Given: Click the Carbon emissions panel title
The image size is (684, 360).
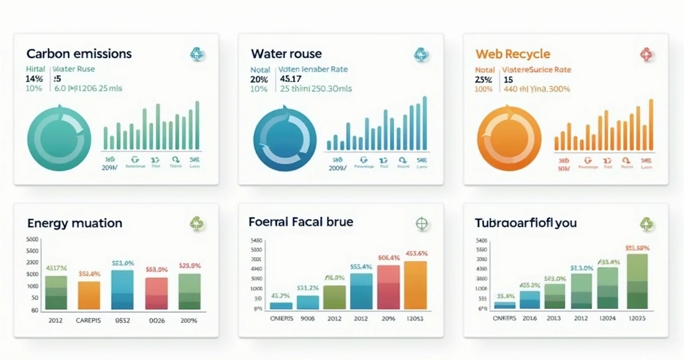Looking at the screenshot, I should click(x=79, y=54).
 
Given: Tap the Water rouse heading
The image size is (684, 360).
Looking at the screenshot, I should click(x=286, y=54).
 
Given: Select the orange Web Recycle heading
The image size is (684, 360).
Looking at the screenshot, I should click(x=512, y=54).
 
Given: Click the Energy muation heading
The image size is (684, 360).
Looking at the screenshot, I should click(x=74, y=223).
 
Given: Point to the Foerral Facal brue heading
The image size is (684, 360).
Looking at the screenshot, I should click(x=301, y=222).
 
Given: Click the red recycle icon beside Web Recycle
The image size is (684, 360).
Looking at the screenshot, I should click(x=645, y=55).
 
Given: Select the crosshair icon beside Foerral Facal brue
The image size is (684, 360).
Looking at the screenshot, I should click(x=421, y=223).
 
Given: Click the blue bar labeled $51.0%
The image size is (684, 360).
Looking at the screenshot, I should click(x=123, y=290).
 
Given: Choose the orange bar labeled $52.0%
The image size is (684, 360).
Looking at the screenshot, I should click(x=89, y=295).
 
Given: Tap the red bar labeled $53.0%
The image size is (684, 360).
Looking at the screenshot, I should click(x=156, y=294).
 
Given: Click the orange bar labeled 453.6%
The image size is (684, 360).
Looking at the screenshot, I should click(x=416, y=285).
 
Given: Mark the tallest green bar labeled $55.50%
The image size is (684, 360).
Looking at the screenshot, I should click(x=637, y=281).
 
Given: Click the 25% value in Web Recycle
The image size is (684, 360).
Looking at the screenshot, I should click(x=483, y=79).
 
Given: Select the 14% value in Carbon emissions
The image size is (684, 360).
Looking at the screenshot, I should click(x=34, y=79).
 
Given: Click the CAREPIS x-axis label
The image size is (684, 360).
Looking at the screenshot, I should click(x=89, y=321).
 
